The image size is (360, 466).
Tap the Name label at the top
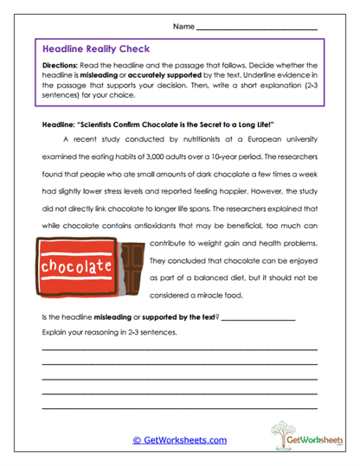coord(183,27)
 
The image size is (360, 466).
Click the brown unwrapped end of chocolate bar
coord(130,265)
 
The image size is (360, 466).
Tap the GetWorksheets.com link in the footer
coord(180,439)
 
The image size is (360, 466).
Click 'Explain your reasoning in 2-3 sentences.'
coord(103,332)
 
